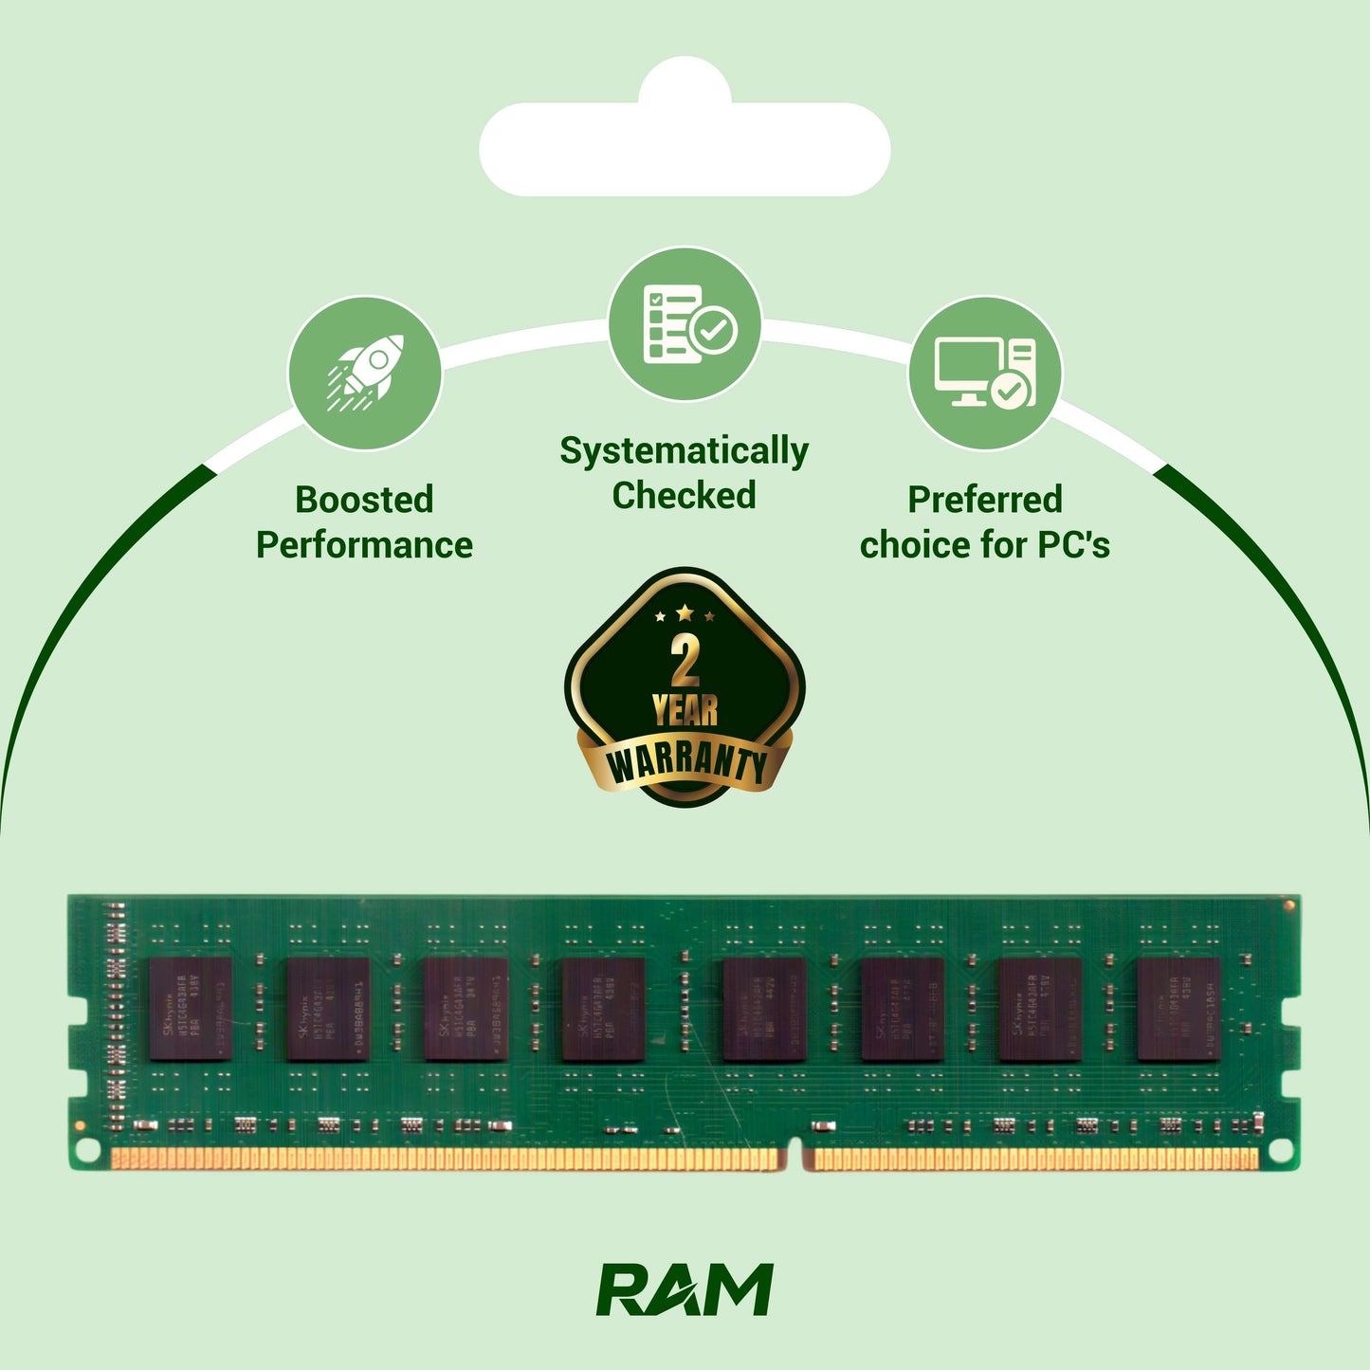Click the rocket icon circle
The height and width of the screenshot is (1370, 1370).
pos(364,374)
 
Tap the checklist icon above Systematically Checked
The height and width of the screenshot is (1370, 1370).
pos(684,324)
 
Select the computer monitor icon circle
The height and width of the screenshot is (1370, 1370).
pos(985,374)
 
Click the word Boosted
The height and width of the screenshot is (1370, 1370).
pos(364,500)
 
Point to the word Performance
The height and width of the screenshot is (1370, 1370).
pos(364,545)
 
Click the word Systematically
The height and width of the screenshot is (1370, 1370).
pos(684,451)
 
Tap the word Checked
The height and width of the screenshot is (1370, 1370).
pos(684,496)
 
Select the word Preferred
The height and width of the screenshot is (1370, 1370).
pos(985,500)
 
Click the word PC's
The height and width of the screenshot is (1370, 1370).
pos(1073,545)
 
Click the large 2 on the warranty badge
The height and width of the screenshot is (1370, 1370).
pos(685,661)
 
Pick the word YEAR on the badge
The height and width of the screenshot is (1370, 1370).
pos(685,710)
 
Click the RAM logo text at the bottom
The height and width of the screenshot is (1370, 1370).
pos(685,1290)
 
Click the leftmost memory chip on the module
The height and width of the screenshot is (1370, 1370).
pos(191,1009)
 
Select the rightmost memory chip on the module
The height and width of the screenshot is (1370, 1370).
pos(1178,1009)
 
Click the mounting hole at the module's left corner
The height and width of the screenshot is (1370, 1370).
pos(87,1150)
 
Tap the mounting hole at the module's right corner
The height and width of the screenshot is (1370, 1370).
pos(1281,1150)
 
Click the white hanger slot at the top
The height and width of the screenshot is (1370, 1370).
pos(685,149)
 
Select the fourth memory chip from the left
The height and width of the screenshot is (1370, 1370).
pos(603,1009)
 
